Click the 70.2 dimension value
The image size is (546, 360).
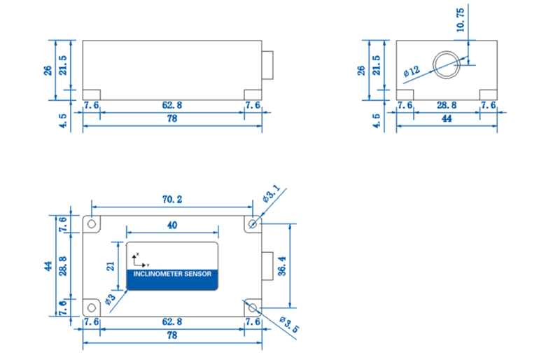(171, 200)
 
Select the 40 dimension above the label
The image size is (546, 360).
(172, 226)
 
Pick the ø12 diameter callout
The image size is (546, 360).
(412, 71)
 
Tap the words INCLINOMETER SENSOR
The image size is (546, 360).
(172, 275)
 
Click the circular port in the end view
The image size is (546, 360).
(446, 65)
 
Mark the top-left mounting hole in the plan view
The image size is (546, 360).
(91, 224)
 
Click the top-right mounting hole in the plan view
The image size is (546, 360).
(253, 224)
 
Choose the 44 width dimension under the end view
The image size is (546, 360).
(446, 119)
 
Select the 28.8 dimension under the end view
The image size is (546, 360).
(446, 105)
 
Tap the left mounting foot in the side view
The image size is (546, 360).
(92, 95)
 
